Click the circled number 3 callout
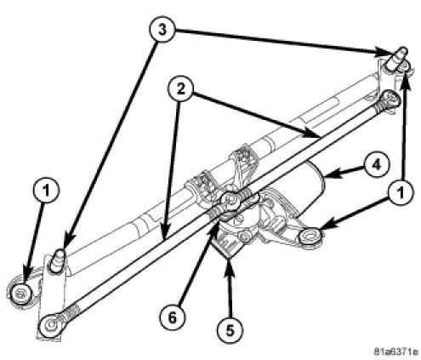[x=162, y=30]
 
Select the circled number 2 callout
[x=180, y=89]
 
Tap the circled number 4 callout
[x=376, y=164]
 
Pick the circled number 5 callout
[x=230, y=329]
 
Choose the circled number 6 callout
[x=173, y=317]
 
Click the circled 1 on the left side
[x=46, y=190]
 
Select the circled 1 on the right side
[x=401, y=192]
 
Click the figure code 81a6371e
[x=395, y=351]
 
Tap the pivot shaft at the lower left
[x=58, y=260]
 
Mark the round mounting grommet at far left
[x=20, y=293]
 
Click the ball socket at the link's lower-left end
[x=53, y=324]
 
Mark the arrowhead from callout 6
[x=213, y=229]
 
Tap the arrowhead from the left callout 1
[x=27, y=276]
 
